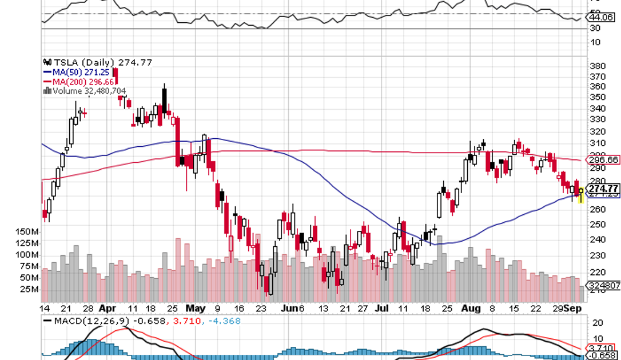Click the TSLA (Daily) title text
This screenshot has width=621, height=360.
pos(83,62)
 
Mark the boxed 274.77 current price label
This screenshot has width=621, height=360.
pos(604,189)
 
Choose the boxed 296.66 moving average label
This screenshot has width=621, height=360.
pos(604,160)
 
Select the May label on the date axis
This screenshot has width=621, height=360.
pos(195,308)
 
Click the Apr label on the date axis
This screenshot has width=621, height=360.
pos(106,308)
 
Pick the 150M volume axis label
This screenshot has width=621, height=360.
pos(26,231)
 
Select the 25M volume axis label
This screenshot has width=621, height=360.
pos(29,289)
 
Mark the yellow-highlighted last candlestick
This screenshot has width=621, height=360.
pos(581,195)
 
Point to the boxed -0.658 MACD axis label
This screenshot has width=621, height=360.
pos(604,355)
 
